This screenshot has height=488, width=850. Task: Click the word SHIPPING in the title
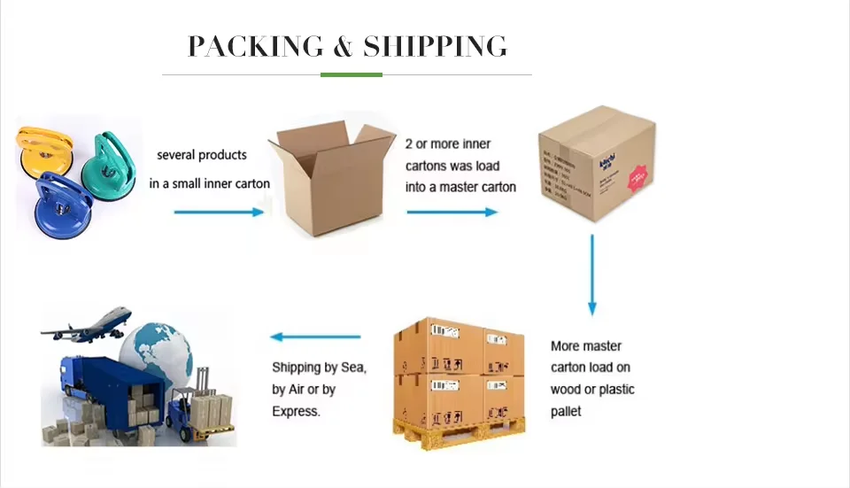[x=435, y=46]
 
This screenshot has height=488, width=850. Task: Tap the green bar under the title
[x=351, y=75]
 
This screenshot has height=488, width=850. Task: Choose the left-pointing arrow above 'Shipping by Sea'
[x=316, y=337]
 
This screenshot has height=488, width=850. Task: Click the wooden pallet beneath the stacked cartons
[x=460, y=432]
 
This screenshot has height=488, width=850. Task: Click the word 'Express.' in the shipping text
[x=296, y=411]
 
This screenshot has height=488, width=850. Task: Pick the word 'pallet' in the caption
[x=566, y=411]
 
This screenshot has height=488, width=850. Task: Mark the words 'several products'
[x=202, y=155]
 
